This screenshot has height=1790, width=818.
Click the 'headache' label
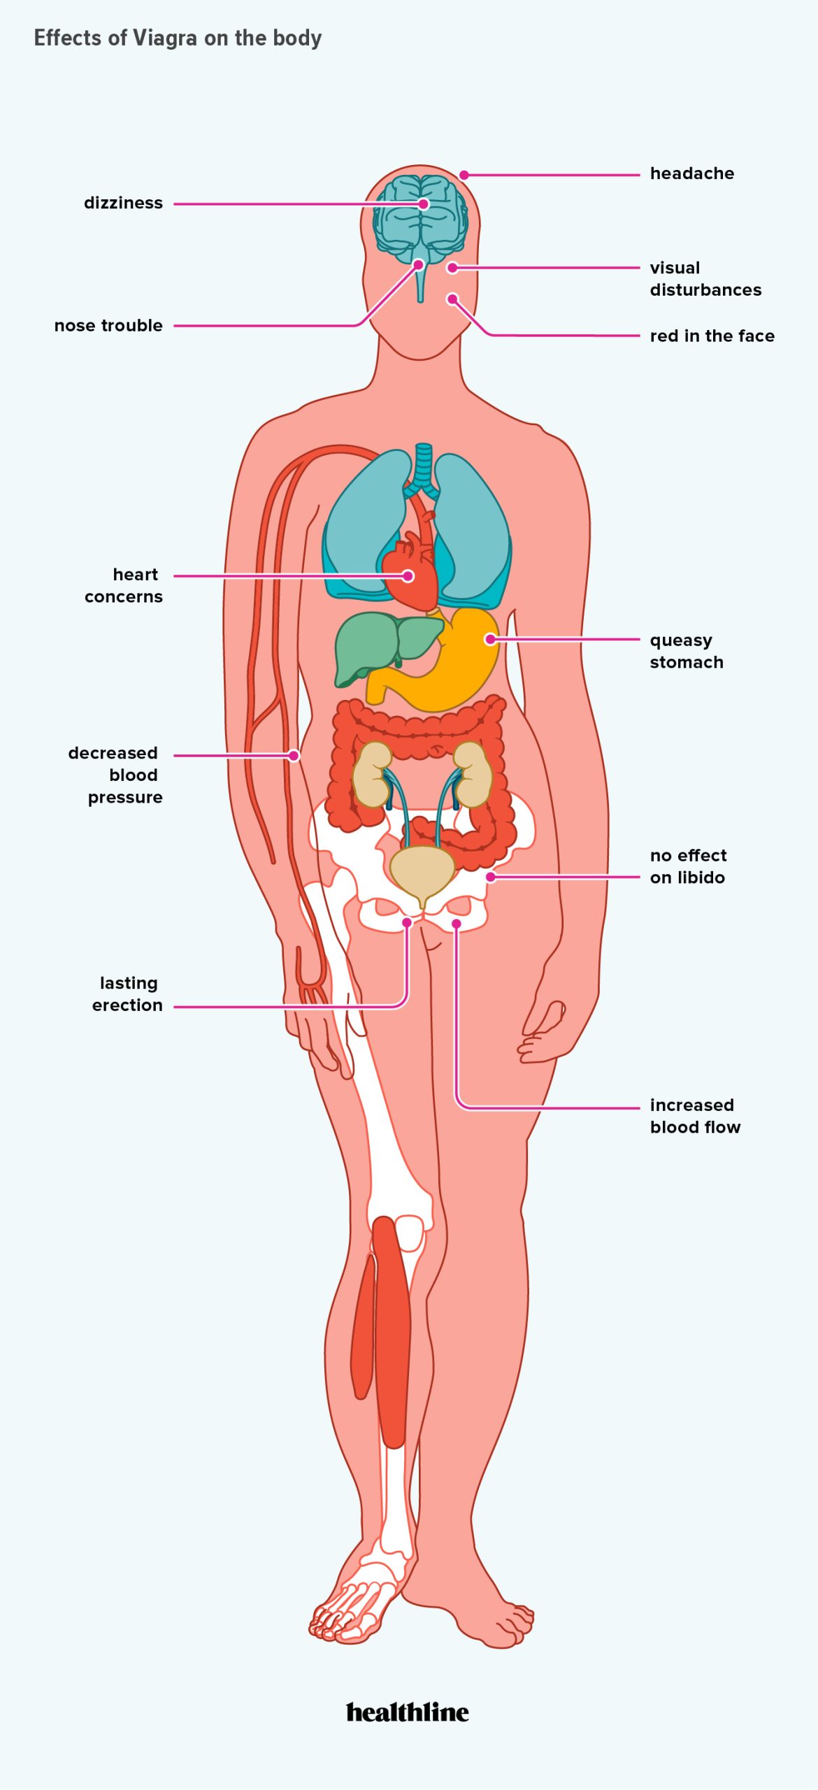pos(691,173)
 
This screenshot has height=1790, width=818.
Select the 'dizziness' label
pos(123,203)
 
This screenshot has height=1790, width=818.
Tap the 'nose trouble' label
pos(108,325)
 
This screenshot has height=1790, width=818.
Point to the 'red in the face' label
pos(712,336)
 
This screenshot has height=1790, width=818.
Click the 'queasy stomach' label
pos(687,651)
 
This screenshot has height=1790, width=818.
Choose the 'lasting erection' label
pos(127,994)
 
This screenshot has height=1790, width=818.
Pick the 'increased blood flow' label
pos(695,1116)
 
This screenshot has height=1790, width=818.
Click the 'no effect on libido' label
pos(688,866)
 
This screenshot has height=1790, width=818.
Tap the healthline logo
pos(408,1712)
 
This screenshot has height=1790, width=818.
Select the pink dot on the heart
pos(408,576)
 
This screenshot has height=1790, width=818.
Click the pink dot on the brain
pos(423,204)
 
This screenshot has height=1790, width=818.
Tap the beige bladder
pos(421,871)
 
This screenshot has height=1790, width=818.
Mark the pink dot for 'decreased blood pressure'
pos(294,755)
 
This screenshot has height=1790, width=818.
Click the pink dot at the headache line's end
pos(464,175)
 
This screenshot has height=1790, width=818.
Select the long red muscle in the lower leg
pos(391,1329)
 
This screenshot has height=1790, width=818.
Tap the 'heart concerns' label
pos(124,585)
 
